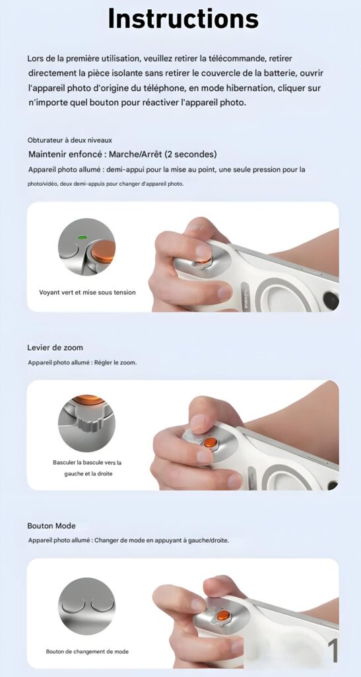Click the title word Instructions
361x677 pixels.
(183, 19)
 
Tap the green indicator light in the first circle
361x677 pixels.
(81, 237)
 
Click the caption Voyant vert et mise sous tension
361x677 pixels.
(88, 292)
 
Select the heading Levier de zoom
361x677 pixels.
(55, 348)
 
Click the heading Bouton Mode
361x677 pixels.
(51, 526)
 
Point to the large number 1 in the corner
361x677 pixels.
(333, 651)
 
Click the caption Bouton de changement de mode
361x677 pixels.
(87, 651)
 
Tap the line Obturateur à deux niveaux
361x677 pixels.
(70, 140)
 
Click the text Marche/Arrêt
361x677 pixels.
(135, 154)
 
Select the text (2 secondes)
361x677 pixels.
(191, 154)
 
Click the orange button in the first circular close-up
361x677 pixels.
(104, 251)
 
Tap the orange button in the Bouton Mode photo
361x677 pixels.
(222, 616)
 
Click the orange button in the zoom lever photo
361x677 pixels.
(211, 442)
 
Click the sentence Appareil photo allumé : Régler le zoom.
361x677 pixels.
(82, 363)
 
